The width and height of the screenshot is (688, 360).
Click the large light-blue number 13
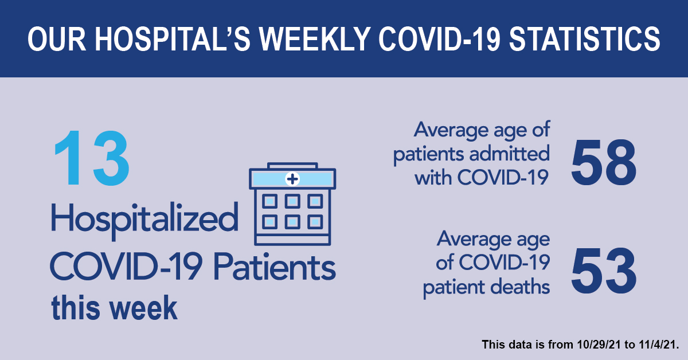[91, 158]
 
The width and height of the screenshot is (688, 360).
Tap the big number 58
[604, 162]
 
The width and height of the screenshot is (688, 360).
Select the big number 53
[604, 272]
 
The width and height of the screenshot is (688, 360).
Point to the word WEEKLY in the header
[315, 39]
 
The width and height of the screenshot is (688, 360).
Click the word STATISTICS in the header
[585, 39]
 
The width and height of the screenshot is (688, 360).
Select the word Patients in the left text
[274, 267]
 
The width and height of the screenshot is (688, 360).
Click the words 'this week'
[114, 308]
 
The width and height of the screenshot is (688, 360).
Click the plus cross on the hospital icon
[292, 179]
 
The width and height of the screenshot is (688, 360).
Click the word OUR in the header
[57, 39]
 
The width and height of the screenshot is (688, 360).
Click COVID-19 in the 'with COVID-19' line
[503, 178]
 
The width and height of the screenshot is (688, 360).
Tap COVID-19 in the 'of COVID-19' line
[505, 263]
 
